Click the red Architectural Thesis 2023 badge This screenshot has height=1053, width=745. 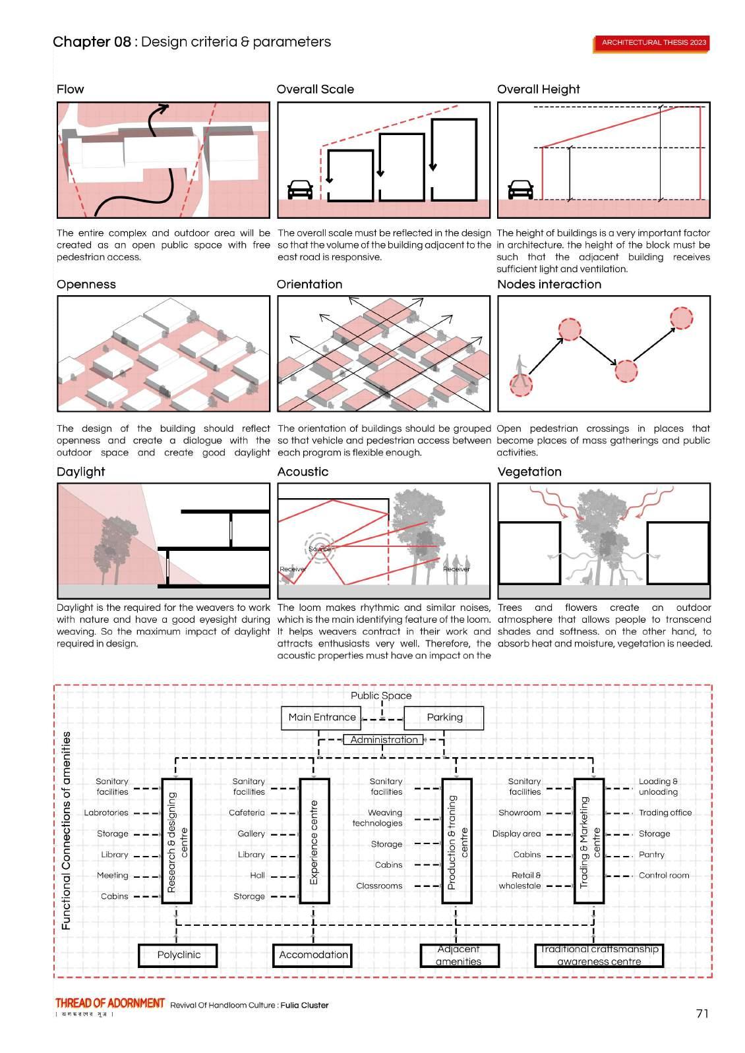point(653,43)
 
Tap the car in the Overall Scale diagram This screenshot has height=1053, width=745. point(301,190)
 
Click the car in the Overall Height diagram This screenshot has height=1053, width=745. point(521,190)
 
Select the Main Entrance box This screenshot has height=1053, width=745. point(322,718)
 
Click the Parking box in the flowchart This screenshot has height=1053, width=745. point(444,718)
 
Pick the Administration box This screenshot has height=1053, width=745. point(384,740)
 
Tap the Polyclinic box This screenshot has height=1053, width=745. point(178,955)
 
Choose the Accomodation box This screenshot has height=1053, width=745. point(313,955)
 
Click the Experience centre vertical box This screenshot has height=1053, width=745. point(314,841)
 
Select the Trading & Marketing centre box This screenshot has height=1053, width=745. point(589,841)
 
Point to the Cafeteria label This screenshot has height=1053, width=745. point(247,812)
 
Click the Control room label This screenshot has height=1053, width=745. point(664,876)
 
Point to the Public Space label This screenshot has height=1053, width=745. point(381,696)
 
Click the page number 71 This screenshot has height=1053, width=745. point(702,1013)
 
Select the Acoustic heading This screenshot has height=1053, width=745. point(303,472)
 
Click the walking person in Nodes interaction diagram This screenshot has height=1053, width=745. point(521,366)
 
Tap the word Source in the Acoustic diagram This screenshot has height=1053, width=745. point(320,549)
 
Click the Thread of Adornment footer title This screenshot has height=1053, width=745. point(110,1003)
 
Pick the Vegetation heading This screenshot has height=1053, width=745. point(529,472)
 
